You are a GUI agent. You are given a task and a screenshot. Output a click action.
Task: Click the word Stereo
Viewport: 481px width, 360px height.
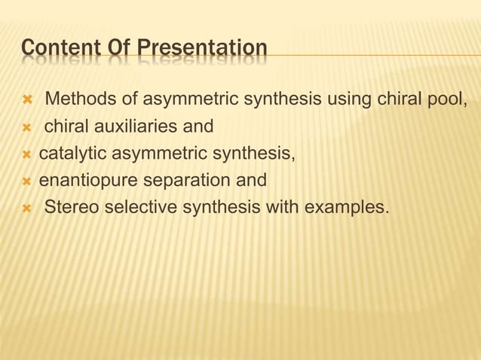coord(72,208)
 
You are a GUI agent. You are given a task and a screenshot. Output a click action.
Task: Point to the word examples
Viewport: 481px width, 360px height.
coord(348,208)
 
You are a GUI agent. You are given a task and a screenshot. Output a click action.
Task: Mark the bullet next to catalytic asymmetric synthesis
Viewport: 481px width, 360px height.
coord(26,155)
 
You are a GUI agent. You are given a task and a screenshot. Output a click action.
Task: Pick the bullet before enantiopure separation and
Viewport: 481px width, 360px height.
coord(26,182)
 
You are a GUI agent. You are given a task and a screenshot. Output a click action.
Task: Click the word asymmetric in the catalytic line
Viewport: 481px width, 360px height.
coord(158,154)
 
